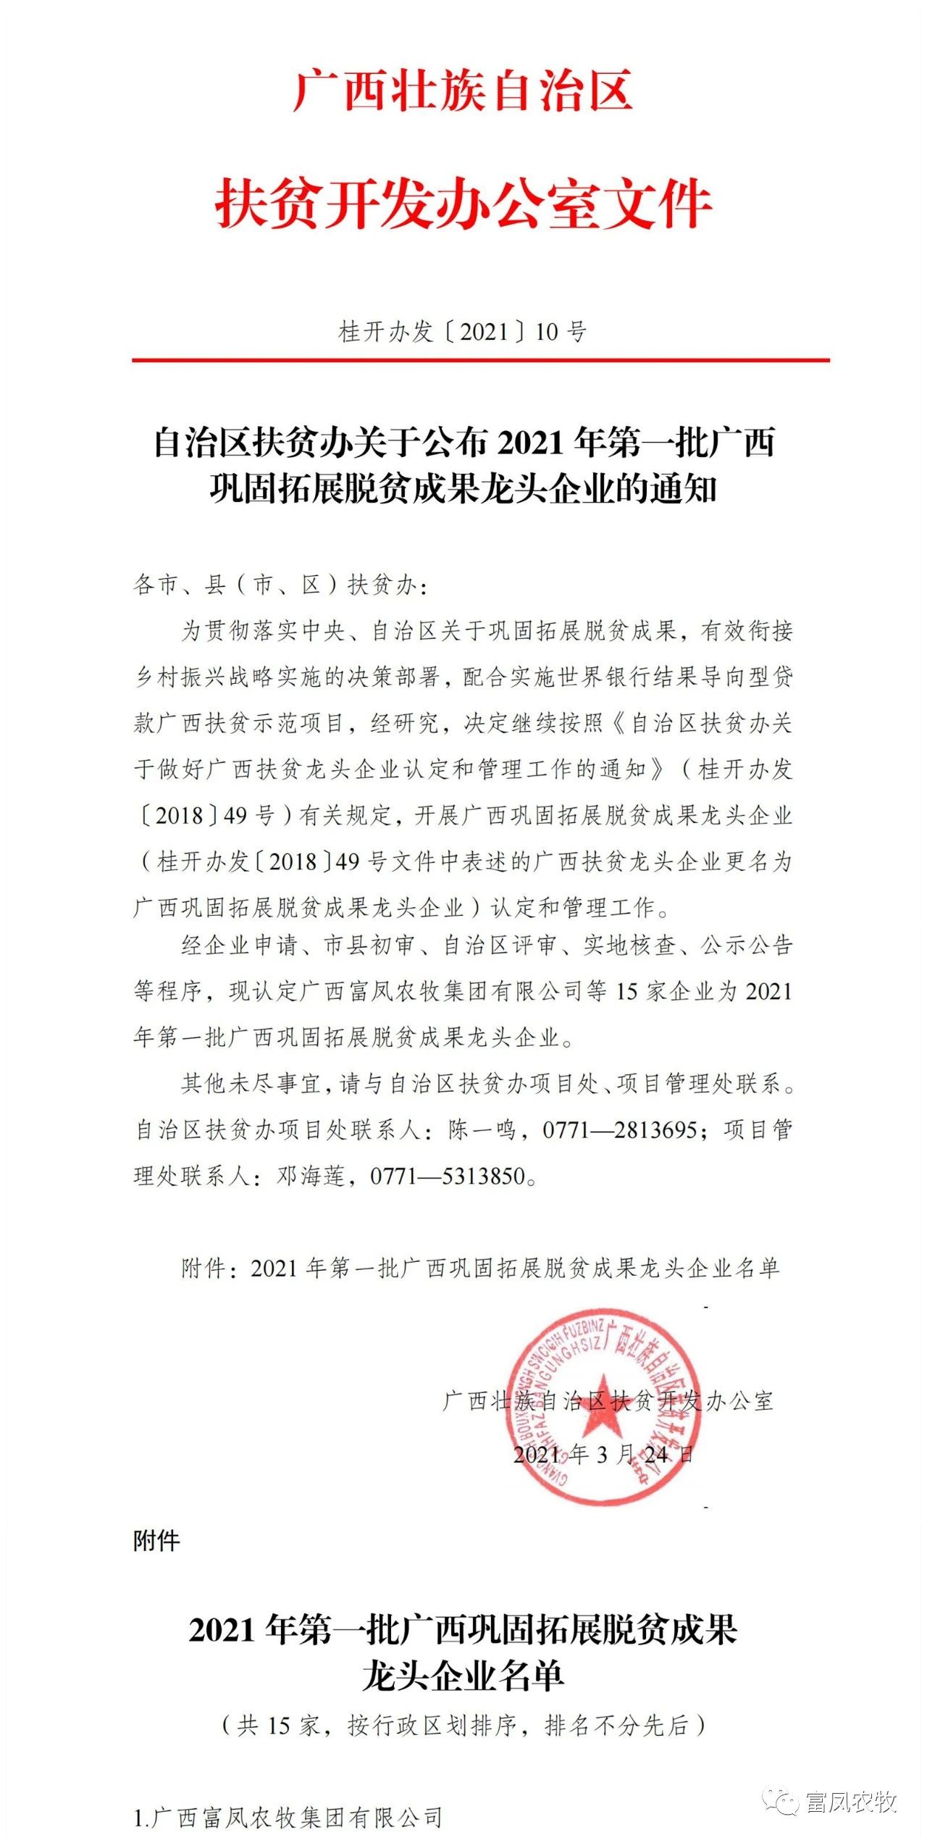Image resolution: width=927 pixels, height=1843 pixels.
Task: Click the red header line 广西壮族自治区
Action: click(x=463, y=90)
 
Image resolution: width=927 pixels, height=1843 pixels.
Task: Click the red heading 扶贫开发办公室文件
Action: click(x=463, y=204)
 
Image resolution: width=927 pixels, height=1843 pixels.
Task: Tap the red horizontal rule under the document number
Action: click(x=480, y=359)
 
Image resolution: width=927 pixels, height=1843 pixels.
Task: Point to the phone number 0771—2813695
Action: click(x=620, y=1129)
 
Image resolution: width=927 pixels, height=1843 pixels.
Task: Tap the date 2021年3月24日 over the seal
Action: click(x=603, y=1454)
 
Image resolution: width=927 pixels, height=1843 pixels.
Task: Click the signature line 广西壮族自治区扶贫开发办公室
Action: click(x=608, y=1400)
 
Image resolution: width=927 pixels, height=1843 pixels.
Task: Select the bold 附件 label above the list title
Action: click(x=156, y=1541)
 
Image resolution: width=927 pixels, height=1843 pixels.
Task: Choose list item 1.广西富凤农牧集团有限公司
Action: click(x=288, y=1817)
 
